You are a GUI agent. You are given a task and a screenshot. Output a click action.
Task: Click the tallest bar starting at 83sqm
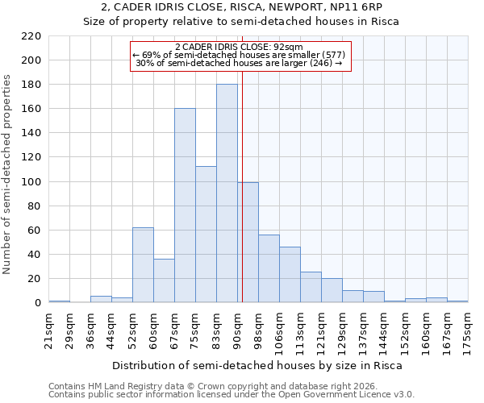click(x=227, y=193)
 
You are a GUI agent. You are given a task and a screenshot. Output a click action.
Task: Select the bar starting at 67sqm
click(x=185, y=206)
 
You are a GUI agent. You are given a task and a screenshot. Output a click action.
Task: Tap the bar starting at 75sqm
click(x=206, y=235)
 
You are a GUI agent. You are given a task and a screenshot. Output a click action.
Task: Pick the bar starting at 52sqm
click(x=143, y=265)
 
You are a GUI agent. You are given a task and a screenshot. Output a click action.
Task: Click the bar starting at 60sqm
click(x=164, y=280)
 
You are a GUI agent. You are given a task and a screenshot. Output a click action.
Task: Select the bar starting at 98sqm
click(x=269, y=268)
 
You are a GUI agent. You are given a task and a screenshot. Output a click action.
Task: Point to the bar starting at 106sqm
click(x=290, y=275)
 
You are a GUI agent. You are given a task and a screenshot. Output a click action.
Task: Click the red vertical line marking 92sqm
click(x=242, y=201)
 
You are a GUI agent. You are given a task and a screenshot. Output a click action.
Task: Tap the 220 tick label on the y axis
click(x=32, y=36)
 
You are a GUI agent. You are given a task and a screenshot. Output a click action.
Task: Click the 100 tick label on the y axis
click(x=32, y=182)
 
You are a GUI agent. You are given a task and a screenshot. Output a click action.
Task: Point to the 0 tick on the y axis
click(x=38, y=303)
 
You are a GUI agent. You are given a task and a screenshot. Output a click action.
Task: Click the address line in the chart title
click(x=241, y=7)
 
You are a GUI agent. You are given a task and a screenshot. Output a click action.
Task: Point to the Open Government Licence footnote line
click(x=232, y=394)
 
